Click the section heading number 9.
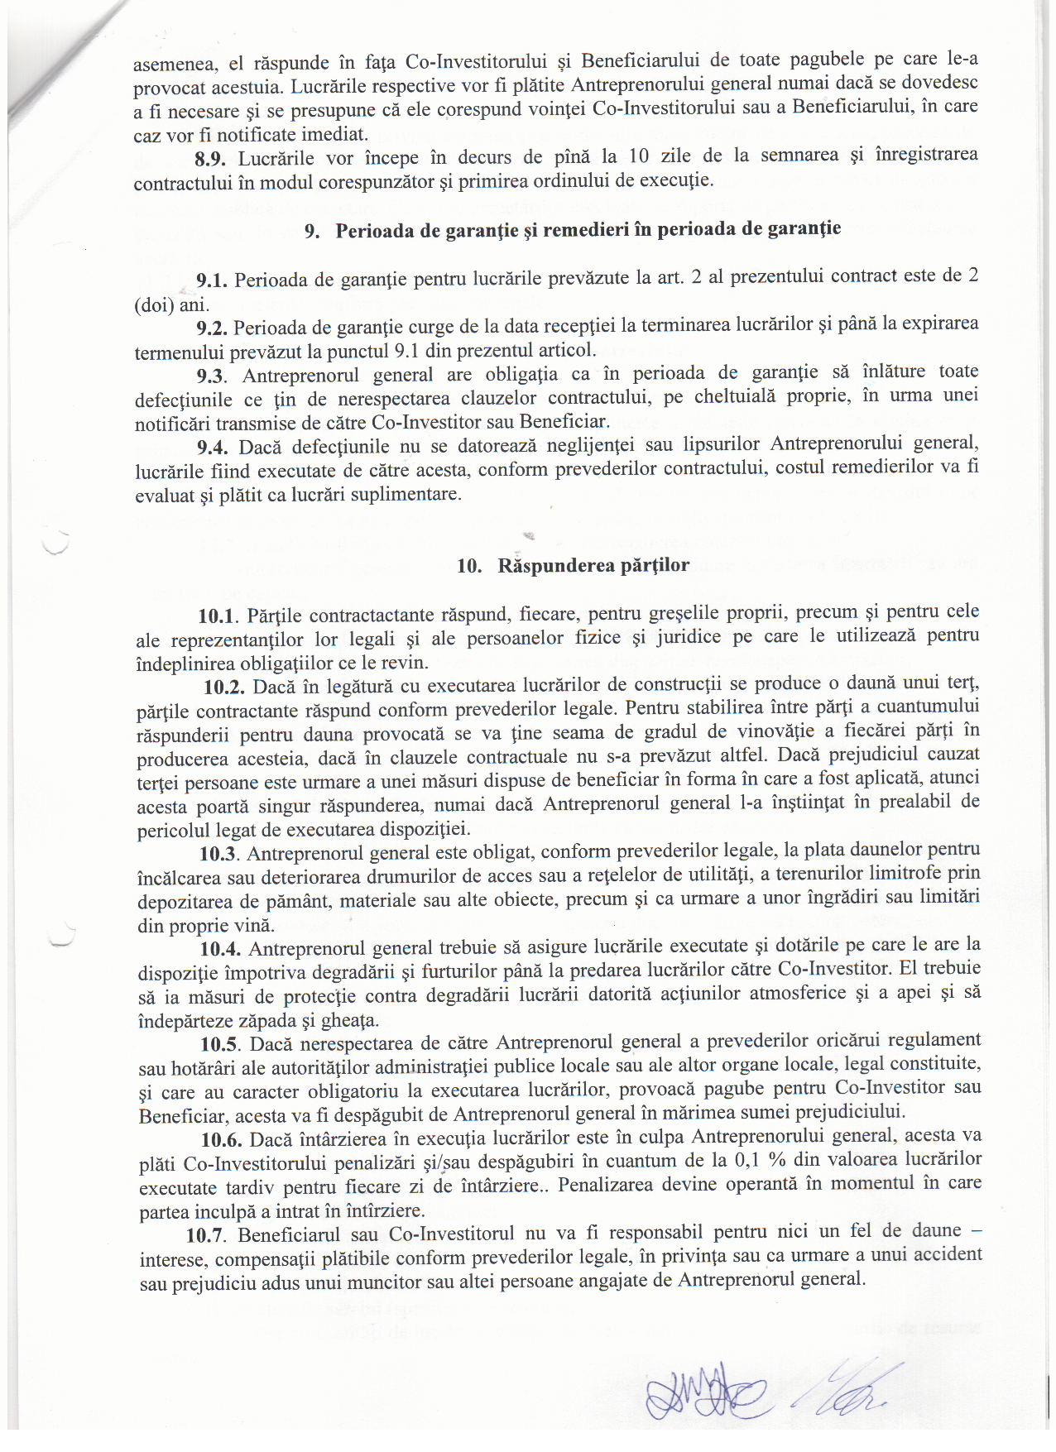(313, 232)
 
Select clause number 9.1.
(212, 281)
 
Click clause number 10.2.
(223, 687)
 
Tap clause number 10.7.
(207, 1236)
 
